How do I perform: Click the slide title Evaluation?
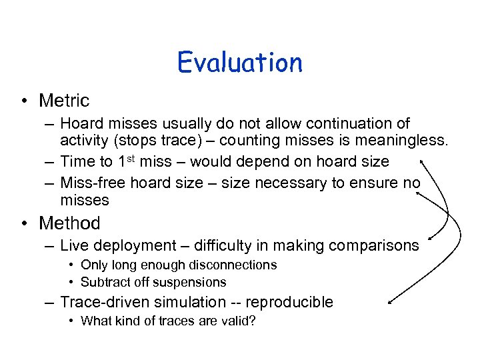tap(240, 63)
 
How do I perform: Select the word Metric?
tap(64, 101)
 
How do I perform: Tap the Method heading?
tap(69, 223)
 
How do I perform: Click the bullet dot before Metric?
tap(24, 101)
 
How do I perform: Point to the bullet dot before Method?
tap(24, 223)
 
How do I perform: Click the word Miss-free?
tap(93, 183)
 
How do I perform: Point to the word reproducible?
tap(289, 302)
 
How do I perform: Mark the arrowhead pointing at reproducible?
tap(389, 301)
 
